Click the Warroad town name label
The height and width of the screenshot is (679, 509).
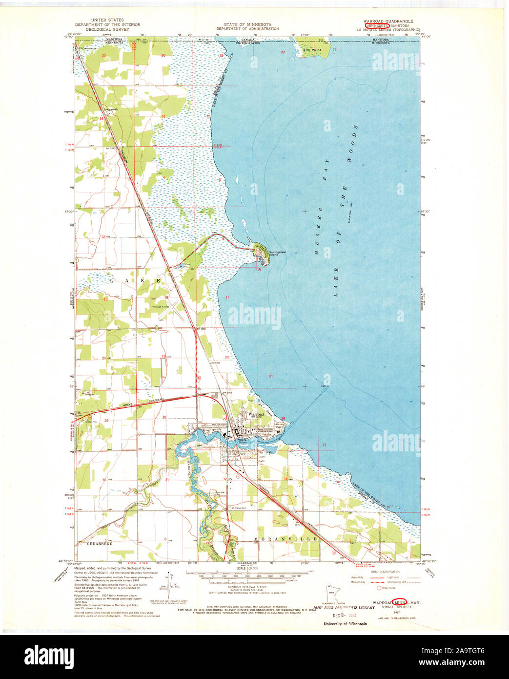[256, 414]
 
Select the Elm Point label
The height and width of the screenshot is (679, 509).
[310, 50]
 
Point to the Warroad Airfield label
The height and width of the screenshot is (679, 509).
[160, 307]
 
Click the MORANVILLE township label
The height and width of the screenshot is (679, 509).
[286, 539]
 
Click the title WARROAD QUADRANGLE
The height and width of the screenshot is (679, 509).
[388, 21]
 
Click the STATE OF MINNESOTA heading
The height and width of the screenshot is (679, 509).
[247, 24]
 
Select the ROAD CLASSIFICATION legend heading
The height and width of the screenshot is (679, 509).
[386, 571]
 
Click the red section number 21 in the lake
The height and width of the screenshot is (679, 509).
[271, 376]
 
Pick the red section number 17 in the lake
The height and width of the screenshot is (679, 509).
[227, 297]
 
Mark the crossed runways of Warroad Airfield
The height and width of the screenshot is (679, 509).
[174, 309]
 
